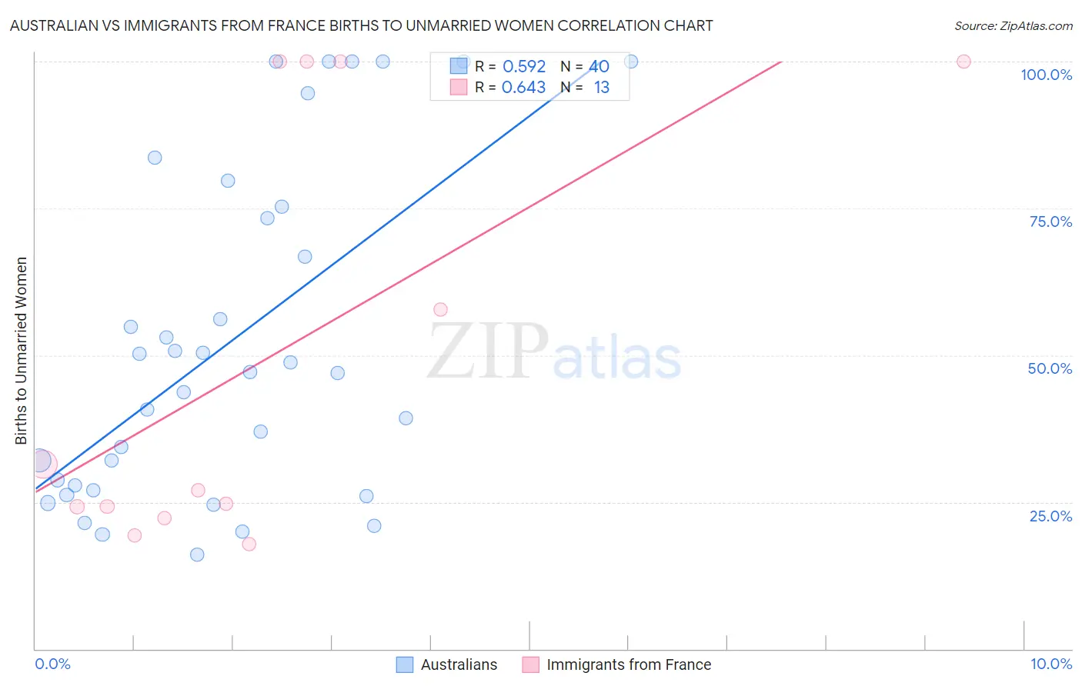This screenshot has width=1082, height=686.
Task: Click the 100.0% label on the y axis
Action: tap(1046, 75)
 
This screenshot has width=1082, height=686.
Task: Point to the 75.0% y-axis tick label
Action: tap(1050, 221)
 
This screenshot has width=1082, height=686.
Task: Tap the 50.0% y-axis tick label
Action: tap(1050, 368)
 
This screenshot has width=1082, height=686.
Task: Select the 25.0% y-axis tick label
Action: tap(1050, 515)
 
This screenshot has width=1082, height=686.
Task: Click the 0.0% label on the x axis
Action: tap(52, 664)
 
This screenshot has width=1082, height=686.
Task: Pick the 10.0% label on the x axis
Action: tap(1051, 664)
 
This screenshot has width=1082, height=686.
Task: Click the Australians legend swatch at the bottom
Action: tap(405, 664)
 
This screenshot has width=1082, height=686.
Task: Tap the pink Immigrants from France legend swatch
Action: tap(530, 664)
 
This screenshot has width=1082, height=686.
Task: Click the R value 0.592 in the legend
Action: tap(523, 67)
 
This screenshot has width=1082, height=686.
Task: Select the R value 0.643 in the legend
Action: tap(523, 88)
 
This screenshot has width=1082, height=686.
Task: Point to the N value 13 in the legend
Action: tap(601, 88)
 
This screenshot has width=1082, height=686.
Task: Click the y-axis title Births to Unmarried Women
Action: tap(22, 351)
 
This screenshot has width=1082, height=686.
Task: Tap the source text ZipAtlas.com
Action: tap(1036, 26)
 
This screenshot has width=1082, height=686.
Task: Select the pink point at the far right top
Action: tap(963, 62)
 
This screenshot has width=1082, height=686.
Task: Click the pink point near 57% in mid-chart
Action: tap(440, 309)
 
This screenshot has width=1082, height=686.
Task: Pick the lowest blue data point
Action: tap(197, 554)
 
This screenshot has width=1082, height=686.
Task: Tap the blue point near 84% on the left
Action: tap(155, 158)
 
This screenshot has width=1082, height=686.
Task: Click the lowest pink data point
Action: tap(249, 544)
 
